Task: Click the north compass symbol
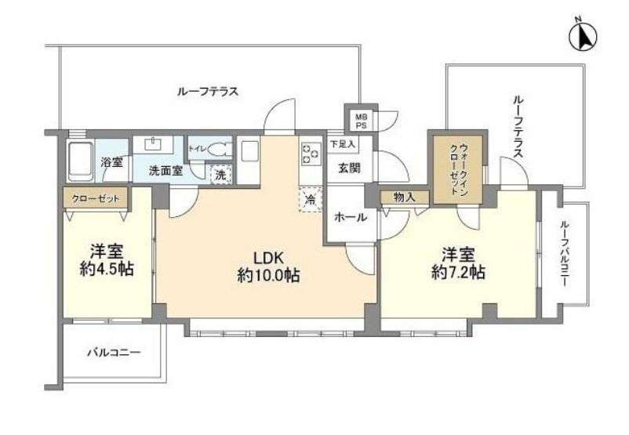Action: pyautogui.click(x=583, y=37)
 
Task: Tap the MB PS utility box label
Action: pyautogui.click(x=361, y=121)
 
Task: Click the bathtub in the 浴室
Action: pyautogui.click(x=81, y=161)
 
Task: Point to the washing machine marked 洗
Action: pyautogui.click(x=221, y=175)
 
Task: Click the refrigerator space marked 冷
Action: pyautogui.click(x=310, y=199)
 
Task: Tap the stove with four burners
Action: pyautogui.click(x=311, y=154)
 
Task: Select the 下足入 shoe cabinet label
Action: pyautogui.click(x=342, y=144)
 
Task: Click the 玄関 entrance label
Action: pyautogui.click(x=349, y=168)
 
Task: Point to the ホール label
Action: pyautogui.click(x=351, y=217)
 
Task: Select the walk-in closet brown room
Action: pyautogui.click(x=458, y=169)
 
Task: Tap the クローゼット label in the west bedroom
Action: pyautogui.click(x=96, y=198)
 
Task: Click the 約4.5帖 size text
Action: pyautogui.click(x=107, y=270)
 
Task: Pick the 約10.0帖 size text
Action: pyautogui.click(x=268, y=275)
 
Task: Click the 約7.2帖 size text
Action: pyautogui.click(x=458, y=273)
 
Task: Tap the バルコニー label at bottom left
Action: pyautogui.click(x=115, y=353)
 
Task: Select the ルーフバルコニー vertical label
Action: pyautogui.click(x=565, y=253)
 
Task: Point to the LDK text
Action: pyautogui.click(x=268, y=256)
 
